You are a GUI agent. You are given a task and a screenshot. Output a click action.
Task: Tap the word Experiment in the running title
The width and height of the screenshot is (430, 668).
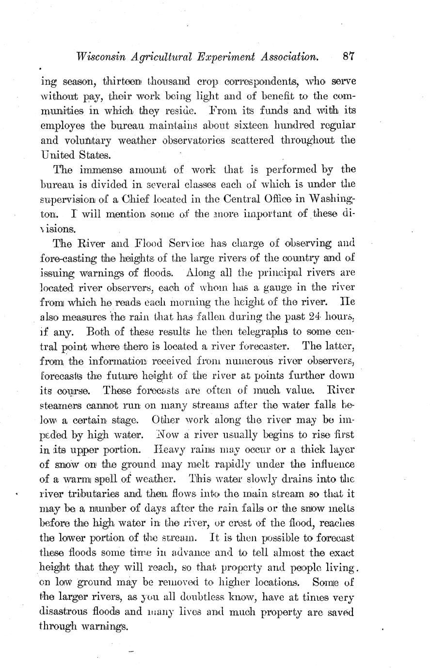(x=228, y=57)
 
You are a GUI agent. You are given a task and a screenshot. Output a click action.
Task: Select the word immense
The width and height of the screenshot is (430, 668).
(x=95, y=170)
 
